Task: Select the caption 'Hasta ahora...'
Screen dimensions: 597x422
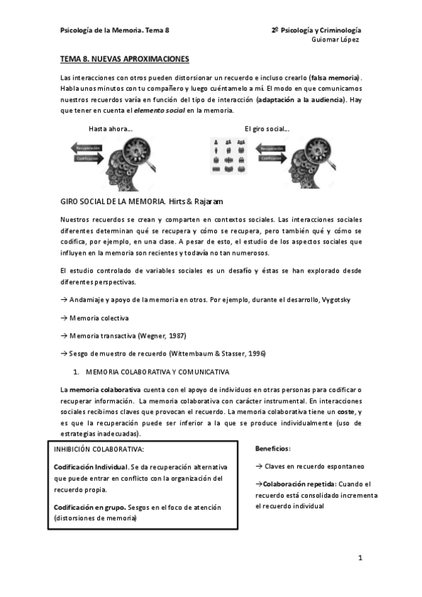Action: point(111,128)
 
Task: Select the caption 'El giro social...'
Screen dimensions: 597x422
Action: point(267,128)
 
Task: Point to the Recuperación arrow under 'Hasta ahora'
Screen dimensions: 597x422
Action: point(88,149)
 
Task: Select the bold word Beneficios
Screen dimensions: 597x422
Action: point(272,448)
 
